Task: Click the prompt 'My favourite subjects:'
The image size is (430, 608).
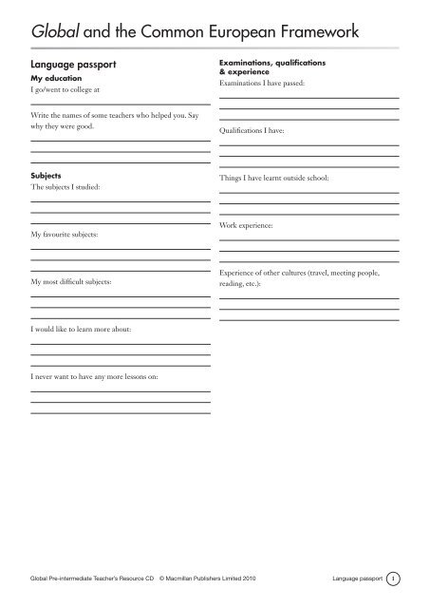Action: pos(69,233)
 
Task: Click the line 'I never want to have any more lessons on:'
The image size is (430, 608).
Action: pos(101,375)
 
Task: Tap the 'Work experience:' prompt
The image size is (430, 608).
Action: pos(251,227)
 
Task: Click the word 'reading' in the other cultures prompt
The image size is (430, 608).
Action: pos(231,284)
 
